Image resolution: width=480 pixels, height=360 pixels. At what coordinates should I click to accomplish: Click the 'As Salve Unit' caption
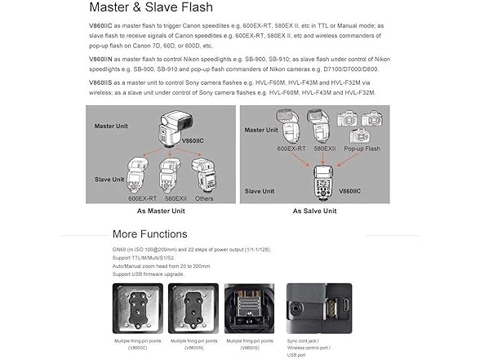(314, 211)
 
